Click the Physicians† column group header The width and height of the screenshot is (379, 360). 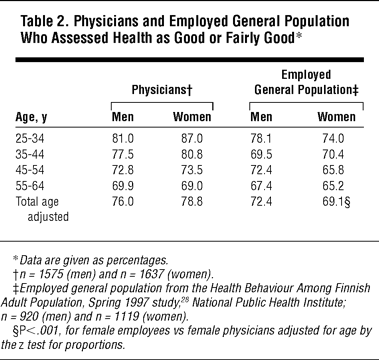click(x=162, y=90)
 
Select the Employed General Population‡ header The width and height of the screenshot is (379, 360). click(x=306, y=82)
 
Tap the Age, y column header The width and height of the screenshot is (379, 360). click(x=31, y=117)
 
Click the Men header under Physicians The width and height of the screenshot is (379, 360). click(x=123, y=117)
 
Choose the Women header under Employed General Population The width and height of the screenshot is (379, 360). click(x=336, y=117)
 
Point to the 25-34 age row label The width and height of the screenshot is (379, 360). click(x=30, y=138)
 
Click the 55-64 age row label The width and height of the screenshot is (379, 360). click(x=30, y=186)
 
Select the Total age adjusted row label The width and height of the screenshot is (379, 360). click(x=42, y=209)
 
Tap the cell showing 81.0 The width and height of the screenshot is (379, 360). click(x=123, y=138)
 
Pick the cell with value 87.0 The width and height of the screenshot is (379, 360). click(x=192, y=138)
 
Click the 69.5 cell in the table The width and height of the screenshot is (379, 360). click(x=261, y=154)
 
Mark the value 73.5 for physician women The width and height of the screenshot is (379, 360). click(x=192, y=170)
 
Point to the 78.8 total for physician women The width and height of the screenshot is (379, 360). click(x=192, y=202)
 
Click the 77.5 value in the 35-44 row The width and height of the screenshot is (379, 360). click(x=123, y=154)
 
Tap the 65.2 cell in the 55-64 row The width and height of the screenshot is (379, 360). click(x=333, y=186)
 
